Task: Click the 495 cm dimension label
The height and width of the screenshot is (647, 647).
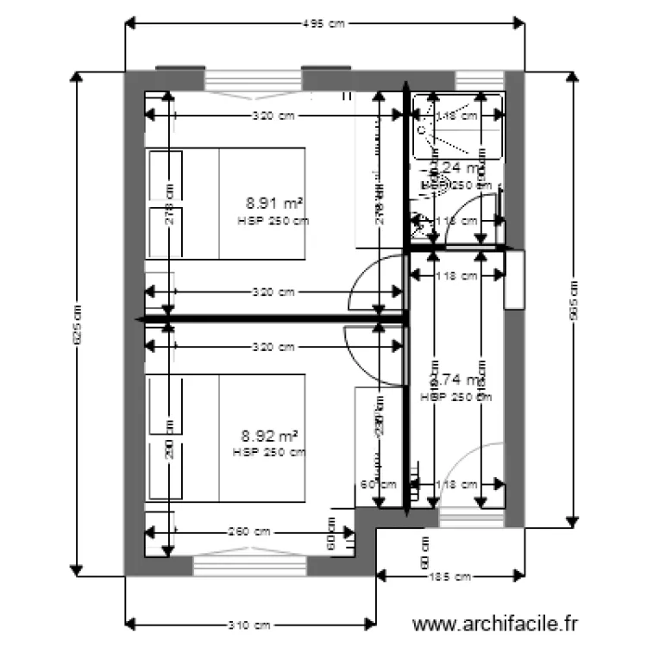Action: click(x=323, y=24)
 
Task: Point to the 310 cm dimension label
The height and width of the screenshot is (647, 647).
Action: click(x=250, y=624)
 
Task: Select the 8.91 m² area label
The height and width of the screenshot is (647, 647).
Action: click(x=273, y=204)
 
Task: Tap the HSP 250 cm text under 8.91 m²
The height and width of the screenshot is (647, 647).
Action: click(x=273, y=221)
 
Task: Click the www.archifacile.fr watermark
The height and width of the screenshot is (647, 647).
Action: click(x=495, y=623)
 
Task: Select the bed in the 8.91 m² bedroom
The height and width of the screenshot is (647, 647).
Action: click(x=228, y=204)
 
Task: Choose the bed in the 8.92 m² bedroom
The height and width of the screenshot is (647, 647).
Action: click(x=228, y=437)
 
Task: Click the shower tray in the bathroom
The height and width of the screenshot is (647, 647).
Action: click(x=457, y=129)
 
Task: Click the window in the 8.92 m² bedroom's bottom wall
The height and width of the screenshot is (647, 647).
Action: click(x=250, y=565)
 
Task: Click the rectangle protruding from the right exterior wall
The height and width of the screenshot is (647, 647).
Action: click(x=514, y=279)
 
